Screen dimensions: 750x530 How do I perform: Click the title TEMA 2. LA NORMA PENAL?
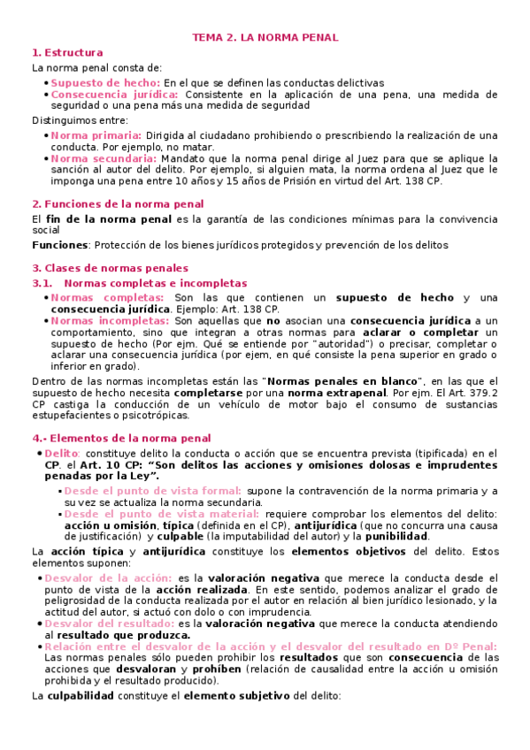pos(265,38)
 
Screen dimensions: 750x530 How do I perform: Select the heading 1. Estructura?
pos(67,53)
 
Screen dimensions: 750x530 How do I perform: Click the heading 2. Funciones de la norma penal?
pos(118,203)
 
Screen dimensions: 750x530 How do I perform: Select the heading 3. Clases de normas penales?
pos(110,268)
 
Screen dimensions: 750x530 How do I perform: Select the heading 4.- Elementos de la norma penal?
pos(121,438)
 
